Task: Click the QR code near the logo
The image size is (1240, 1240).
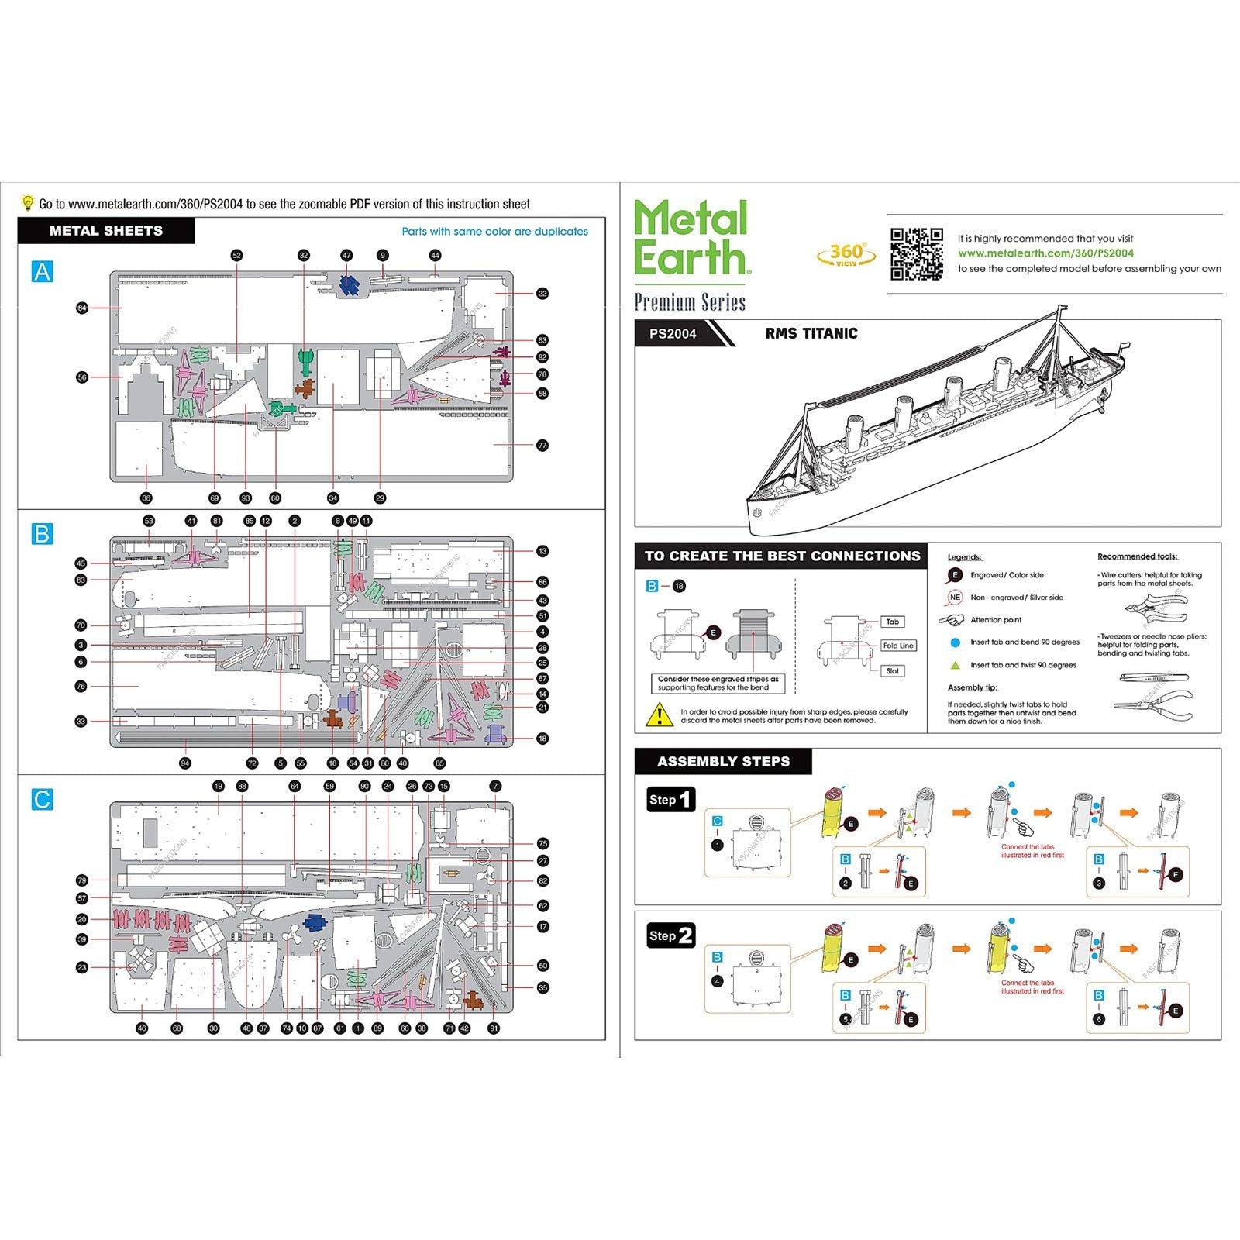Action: point(916,253)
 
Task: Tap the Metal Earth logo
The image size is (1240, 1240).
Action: point(691,237)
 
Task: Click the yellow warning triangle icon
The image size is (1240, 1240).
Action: point(659,714)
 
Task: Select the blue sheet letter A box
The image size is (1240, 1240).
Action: point(43,271)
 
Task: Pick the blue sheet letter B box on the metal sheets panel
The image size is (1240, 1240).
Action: point(43,533)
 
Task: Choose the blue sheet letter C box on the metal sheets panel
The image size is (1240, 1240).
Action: point(43,799)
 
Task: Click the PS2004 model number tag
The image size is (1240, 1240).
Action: point(673,334)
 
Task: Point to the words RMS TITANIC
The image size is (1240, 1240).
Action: point(811,334)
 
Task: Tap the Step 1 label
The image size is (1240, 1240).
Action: point(671,800)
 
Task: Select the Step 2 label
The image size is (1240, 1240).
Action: point(671,935)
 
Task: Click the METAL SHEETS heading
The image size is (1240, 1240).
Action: point(106,231)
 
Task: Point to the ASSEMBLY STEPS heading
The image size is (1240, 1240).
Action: point(723,762)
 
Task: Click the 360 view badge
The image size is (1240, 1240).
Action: point(846,254)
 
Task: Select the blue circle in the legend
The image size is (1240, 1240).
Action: point(956,642)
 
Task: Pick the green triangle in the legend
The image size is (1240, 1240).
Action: point(956,665)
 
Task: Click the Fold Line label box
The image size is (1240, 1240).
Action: point(897,646)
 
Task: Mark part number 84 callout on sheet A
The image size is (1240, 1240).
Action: point(83,308)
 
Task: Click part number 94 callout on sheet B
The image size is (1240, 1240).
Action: point(184,763)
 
